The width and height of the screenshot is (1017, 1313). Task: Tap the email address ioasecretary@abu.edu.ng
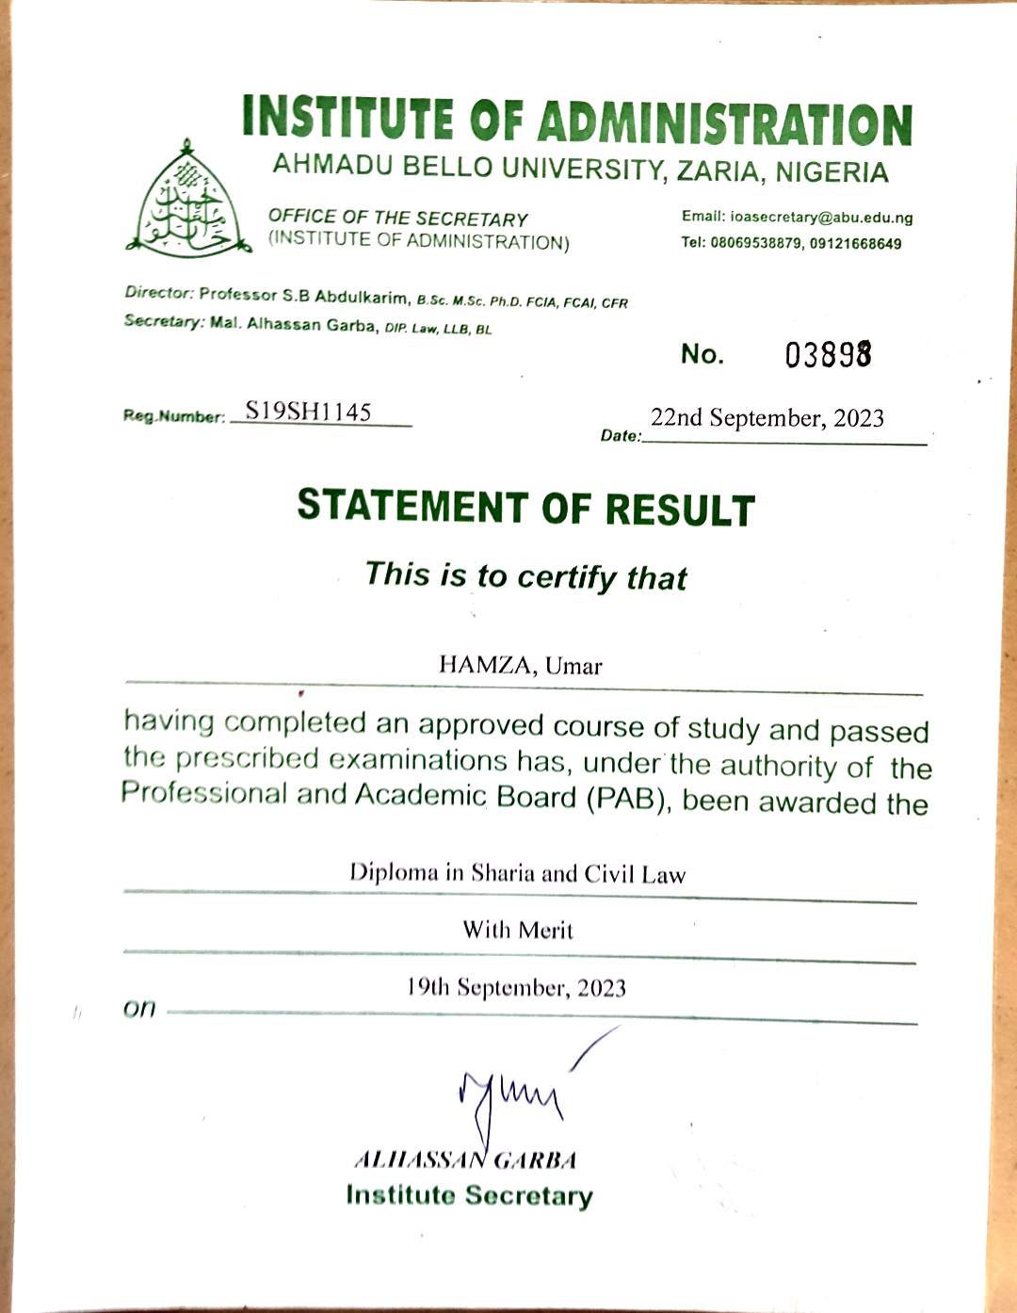point(821,218)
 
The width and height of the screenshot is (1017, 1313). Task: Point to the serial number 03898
point(829,355)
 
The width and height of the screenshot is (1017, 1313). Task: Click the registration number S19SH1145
point(308,412)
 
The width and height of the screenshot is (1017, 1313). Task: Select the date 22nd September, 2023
point(767,418)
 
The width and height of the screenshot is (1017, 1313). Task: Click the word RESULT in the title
point(679,510)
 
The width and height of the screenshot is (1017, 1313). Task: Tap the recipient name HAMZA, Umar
point(520,666)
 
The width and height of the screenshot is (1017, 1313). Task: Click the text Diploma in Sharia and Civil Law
point(517,873)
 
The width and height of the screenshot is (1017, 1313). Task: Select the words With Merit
point(517,931)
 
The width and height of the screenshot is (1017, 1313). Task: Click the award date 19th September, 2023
point(516,988)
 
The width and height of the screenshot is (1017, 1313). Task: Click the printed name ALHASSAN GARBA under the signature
point(464,1159)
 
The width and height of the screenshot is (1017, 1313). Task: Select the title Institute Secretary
point(469,1195)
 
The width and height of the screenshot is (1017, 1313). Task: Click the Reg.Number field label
point(174,416)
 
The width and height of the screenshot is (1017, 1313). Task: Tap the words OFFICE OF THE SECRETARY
point(397,219)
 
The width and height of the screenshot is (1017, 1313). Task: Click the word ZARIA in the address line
point(718,171)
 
